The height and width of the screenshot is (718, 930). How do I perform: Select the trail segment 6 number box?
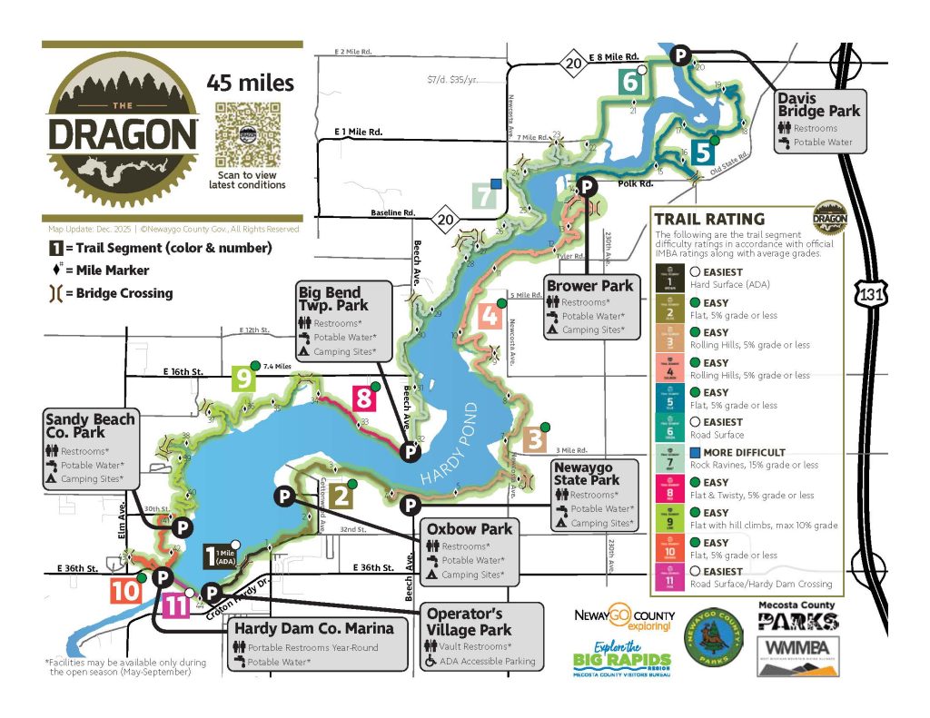coord(633,82)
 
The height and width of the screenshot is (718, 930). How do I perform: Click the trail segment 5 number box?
coord(702,152)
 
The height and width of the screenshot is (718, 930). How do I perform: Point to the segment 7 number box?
coord(486,196)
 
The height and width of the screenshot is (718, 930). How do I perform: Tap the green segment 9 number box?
coord(243,378)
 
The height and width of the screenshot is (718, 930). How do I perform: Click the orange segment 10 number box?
coord(125,591)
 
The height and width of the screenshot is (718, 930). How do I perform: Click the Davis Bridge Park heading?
coord(818,104)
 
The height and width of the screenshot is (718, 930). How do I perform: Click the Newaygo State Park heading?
coord(586,472)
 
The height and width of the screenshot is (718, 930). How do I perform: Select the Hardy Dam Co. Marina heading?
coord(314,627)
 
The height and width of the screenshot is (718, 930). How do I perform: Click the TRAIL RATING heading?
coord(709,219)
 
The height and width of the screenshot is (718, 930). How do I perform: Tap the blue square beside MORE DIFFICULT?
coord(694,452)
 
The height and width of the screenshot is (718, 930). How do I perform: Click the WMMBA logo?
coord(797,656)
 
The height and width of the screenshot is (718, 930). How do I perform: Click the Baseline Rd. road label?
coord(392,212)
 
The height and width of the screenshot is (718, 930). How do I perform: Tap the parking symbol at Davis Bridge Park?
coord(679,56)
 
